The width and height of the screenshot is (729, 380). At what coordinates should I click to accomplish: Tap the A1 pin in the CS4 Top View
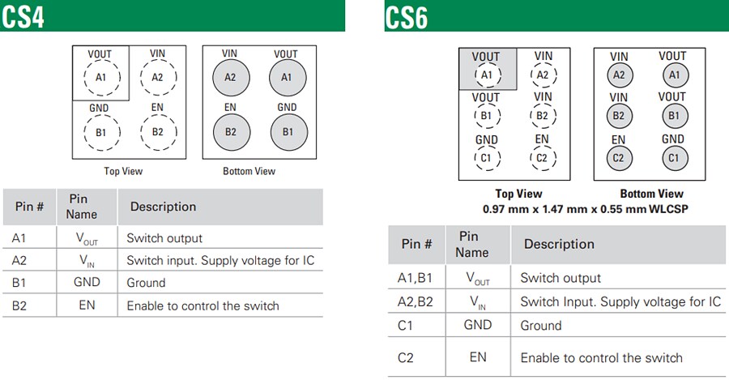pyautogui.click(x=101, y=78)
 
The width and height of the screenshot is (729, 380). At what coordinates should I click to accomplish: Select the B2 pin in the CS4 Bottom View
pyautogui.click(x=230, y=132)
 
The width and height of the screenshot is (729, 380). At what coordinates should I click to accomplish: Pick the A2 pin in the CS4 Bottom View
pyautogui.click(x=230, y=78)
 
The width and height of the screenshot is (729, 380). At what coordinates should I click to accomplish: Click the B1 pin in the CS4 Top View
pyautogui.click(x=101, y=132)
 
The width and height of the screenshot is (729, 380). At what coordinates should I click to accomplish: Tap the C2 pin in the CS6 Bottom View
pyautogui.click(x=619, y=158)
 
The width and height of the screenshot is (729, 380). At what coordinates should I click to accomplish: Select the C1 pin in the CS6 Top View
pyautogui.click(x=486, y=158)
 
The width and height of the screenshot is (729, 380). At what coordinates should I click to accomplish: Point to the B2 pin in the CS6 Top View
pyautogui.click(x=543, y=116)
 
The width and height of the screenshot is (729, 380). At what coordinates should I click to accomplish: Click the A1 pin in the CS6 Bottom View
pyautogui.click(x=672, y=75)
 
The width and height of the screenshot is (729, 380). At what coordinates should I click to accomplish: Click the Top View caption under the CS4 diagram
pyautogui.click(x=123, y=172)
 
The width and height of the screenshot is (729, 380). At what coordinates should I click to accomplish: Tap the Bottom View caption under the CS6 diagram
pyautogui.click(x=651, y=194)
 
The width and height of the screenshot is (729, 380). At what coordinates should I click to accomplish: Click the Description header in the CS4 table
pyautogui.click(x=163, y=207)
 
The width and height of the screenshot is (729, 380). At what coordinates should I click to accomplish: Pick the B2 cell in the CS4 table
pyautogui.click(x=19, y=305)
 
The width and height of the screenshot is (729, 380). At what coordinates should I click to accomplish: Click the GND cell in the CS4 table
pyautogui.click(x=87, y=282)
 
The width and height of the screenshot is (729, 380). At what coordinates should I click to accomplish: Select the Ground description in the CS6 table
pyautogui.click(x=540, y=326)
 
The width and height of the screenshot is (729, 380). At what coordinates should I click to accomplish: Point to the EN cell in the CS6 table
pyautogui.click(x=478, y=357)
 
